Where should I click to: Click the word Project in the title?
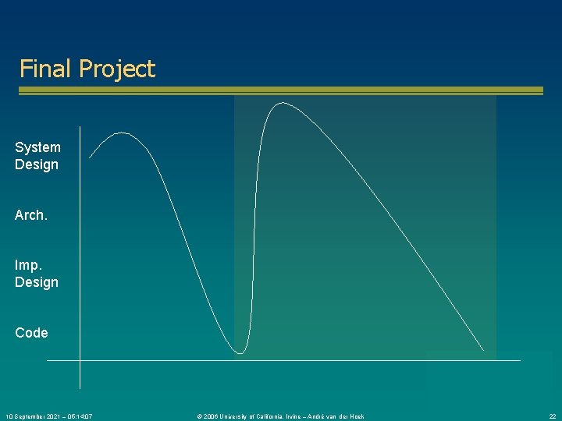pyautogui.click(x=117, y=69)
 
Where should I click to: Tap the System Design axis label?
pyautogui.click(x=37, y=156)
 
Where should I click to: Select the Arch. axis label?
pyautogui.click(x=31, y=215)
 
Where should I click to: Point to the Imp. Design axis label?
pyautogui.click(x=37, y=274)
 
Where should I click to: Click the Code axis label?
pyautogui.click(x=31, y=333)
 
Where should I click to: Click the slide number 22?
pyautogui.click(x=552, y=416)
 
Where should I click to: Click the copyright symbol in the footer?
pyautogui.click(x=200, y=416)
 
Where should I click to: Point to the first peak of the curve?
pyautogui.click(x=122, y=133)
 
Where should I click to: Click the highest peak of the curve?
pyautogui.click(x=277, y=102)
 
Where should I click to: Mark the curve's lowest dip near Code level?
pyautogui.click(x=240, y=353)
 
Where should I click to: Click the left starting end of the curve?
pyautogui.click(x=90, y=158)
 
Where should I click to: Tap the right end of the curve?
pyautogui.click(x=482, y=348)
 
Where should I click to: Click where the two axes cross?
pyautogui.click(x=80, y=360)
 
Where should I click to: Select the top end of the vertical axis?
pyautogui.click(x=80, y=126)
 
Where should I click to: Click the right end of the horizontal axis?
pyautogui.click(x=519, y=360)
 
